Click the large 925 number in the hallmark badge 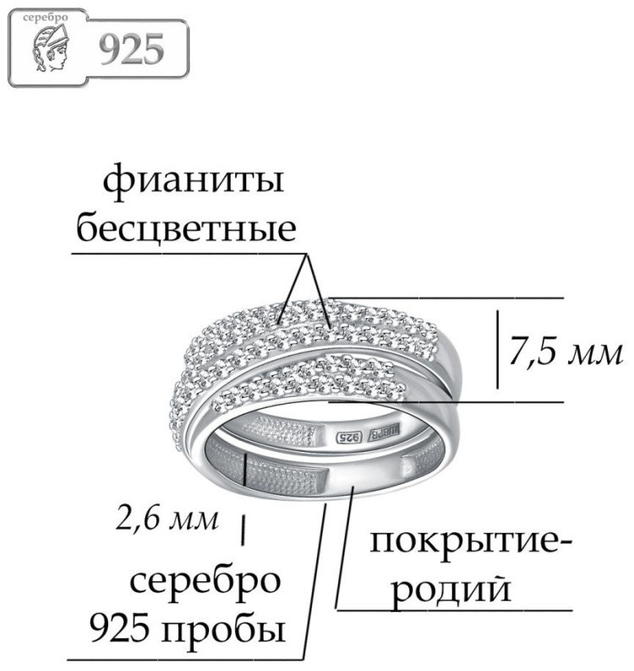pyautogui.click(x=132, y=49)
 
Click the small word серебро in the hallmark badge pyautogui.click(x=46, y=18)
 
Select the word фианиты pyautogui.click(x=194, y=182)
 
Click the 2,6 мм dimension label pyautogui.click(x=167, y=519)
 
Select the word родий pyautogui.click(x=452, y=590)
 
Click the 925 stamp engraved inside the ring pyautogui.click(x=348, y=437)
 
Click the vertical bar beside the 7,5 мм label pyautogui.click(x=497, y=349)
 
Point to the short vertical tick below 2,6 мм pyautogui.click(x=243, y=530)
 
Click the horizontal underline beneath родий pyautogui.click(x=455, y=609)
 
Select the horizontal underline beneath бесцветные pyautogui.click(x=189, y=253)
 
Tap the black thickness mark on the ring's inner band pyautogui.click(x=245, y=470)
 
